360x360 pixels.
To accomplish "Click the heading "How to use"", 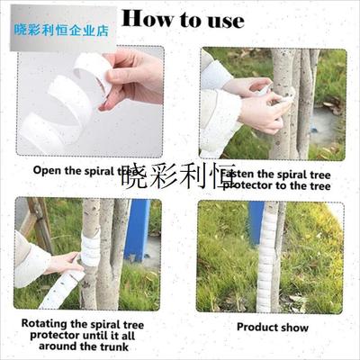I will tap(183, 20).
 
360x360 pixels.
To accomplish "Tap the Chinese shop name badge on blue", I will tap(61, 29).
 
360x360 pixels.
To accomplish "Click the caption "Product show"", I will tap(272, 328).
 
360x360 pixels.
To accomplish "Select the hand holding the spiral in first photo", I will tap(135, 76).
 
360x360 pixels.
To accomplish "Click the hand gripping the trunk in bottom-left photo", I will tap(67, 264).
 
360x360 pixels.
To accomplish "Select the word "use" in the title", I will tap(222, 20).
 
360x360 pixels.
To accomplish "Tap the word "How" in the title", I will tap(140, 20).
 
